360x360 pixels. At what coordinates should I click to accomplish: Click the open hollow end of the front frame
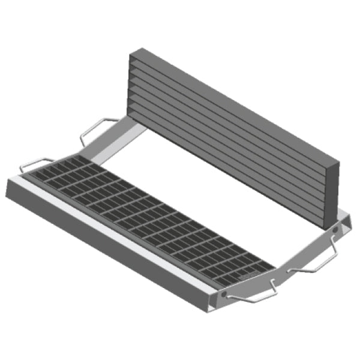(212, 300)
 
